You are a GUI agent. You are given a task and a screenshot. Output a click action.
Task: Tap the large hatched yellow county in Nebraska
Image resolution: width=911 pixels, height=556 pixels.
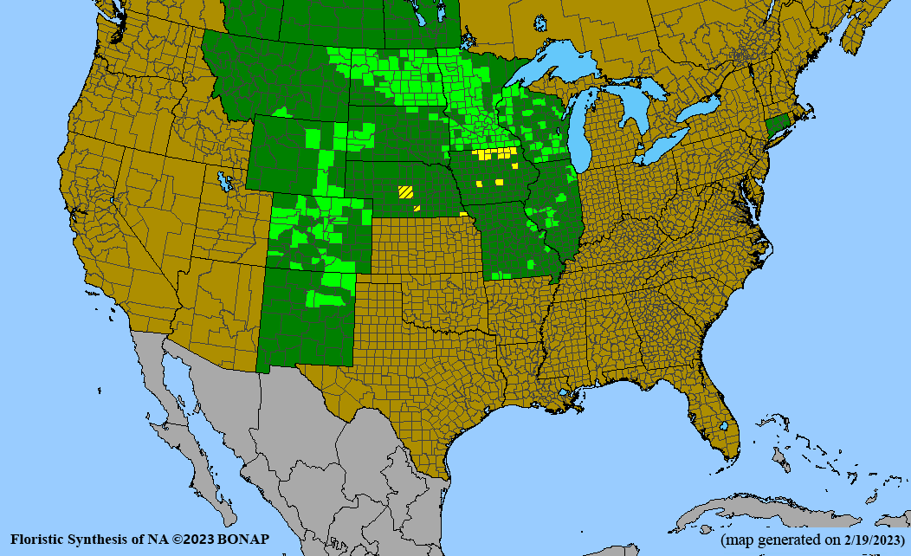click(405, 192)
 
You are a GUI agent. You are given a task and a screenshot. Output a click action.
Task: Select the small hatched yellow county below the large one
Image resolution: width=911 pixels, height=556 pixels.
click(417, 208)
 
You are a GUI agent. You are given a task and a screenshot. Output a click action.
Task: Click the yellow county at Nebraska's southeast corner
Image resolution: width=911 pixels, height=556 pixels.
click(463, 213)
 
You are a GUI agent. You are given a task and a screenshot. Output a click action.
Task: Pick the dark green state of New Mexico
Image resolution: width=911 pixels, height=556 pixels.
click(307, 320)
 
